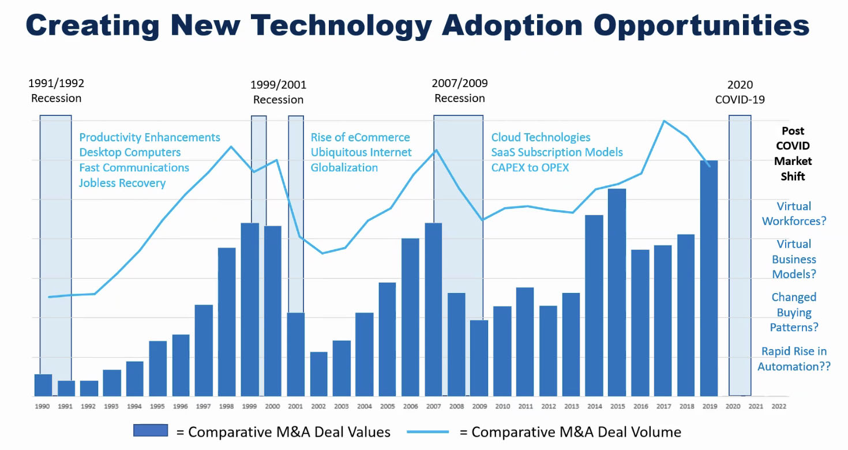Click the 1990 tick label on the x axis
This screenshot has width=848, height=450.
click(x=42, y=406)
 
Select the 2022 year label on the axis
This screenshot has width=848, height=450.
click(x=778, y=406)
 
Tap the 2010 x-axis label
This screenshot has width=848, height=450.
click(x=502, y=406)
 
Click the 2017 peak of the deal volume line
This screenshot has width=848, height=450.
click(x=664, y=121)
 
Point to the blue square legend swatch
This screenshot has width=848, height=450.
click(x=150, y=430)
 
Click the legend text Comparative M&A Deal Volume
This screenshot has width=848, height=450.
click(x=576, y=432)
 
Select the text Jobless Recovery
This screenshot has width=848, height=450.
click(x=122, y=183)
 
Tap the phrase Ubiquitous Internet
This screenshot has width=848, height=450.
click(x=361, y=152)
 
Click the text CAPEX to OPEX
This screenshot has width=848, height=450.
click(x=530, y=167)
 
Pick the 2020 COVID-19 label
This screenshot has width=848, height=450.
click(x=740, y=92)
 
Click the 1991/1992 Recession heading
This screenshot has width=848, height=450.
click(x=56, y=91)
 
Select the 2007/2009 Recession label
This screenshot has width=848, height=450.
click(x=460, y=91)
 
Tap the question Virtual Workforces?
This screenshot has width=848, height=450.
click(x=794, y=213)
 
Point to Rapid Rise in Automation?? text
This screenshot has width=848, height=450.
click(x=794, y=359)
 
